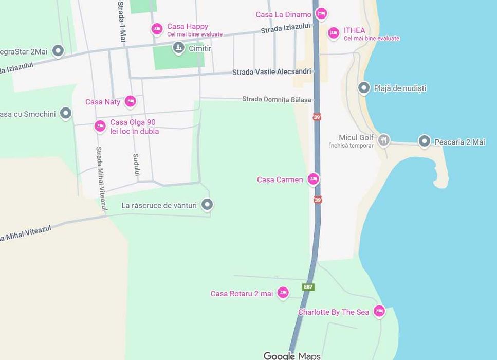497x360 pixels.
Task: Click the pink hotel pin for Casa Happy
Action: (157, 29)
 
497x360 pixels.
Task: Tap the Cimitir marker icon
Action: (178, 48)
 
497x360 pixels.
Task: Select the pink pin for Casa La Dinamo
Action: (321, 14)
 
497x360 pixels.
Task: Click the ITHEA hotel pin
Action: (334, 33)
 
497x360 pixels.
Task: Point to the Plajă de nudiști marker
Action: (364, 88)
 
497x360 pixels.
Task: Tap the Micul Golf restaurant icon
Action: (383, 139)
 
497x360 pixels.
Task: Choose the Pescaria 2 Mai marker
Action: (424, 141)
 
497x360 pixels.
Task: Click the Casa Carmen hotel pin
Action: (313, 179)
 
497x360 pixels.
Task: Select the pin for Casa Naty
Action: (130, 101)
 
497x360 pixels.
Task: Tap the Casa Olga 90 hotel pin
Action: (100, 125)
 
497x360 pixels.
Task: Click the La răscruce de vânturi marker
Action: (207, 205)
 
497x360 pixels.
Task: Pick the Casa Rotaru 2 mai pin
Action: (283, 293)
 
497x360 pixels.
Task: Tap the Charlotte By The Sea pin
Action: (379, 311)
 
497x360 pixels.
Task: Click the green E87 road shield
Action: (308, 287)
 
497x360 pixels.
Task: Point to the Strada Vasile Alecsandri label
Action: (271, 72)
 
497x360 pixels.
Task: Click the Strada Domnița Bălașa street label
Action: (277, 99)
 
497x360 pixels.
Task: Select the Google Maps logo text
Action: (292, 355)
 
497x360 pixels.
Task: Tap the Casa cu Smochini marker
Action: (66, 113)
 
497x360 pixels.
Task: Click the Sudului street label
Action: (136, 165)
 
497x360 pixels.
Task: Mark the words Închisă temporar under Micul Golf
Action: (351, 146)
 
